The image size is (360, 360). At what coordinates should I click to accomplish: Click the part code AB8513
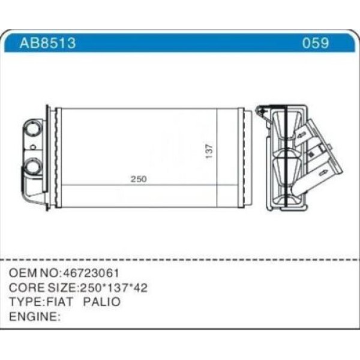pos(47,43)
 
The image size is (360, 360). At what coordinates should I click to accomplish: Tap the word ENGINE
pos(32,316)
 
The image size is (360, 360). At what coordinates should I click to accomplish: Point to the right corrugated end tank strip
pos(241,157)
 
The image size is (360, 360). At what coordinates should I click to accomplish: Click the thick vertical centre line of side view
pos(287,157)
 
